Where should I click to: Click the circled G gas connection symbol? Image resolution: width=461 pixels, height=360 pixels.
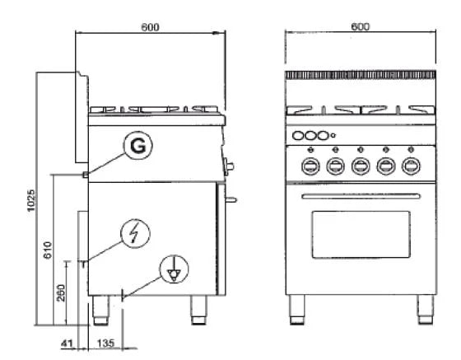pyautogui.click(x=139, y=147)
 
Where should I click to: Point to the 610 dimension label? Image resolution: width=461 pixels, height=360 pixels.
pyautogui.click(x=48, y=250)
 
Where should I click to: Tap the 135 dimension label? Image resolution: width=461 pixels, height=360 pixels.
pyautogui.click(x=106, y=343)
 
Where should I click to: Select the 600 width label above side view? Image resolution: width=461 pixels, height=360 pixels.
pyautogui.click(x=149, y=26)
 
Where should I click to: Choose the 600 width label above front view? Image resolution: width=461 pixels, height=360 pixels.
pyautogui.click(x=360, y=26)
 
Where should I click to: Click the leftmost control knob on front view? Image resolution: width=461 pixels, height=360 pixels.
pyautogui.click(x=310, y=166)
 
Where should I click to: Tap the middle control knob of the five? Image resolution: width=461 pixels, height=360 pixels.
pyautogui.click(x=360, y=166)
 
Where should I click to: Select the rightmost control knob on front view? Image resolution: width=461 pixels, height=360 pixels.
pyautogui.click(x=409, y=166)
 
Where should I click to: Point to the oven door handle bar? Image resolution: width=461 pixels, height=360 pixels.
pyautogui.click(x=359, y=196)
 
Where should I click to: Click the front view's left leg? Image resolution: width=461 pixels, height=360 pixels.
pyautogui.click(x=298, y=309)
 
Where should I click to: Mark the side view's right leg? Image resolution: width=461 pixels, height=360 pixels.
pyautogui.click(x=198, y=309)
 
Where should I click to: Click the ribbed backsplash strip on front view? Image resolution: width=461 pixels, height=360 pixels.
pyautogui.click(x=360, y=75)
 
